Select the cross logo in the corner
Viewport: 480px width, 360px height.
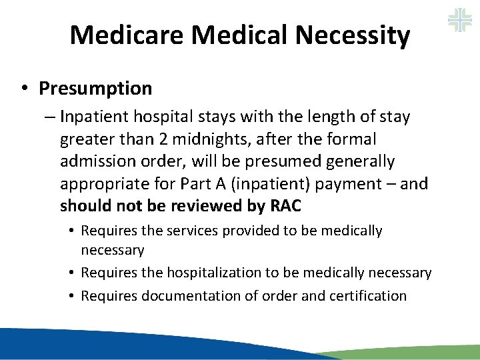[460, 19]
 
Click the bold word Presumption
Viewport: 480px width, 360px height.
[95, 88]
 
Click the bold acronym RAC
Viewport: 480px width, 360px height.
[286, 207]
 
